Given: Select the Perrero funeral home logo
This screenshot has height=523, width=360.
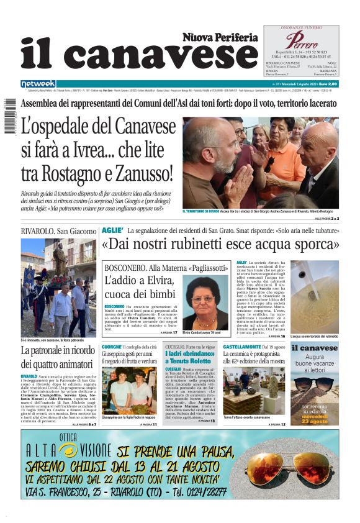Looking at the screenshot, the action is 301,42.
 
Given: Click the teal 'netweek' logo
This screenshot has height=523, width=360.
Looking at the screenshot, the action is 38,84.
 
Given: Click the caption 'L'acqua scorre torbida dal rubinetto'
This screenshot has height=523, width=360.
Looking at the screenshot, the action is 315,336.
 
